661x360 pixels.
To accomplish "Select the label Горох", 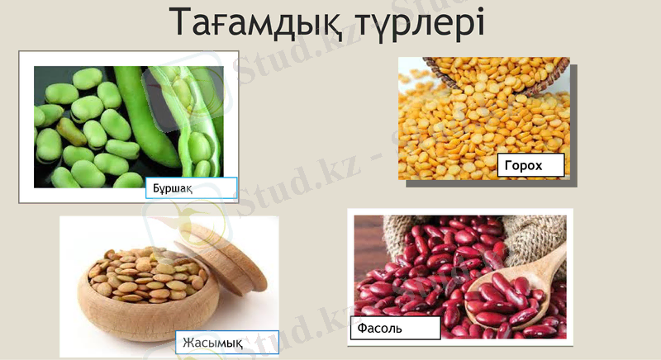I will (x=530, y=165).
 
